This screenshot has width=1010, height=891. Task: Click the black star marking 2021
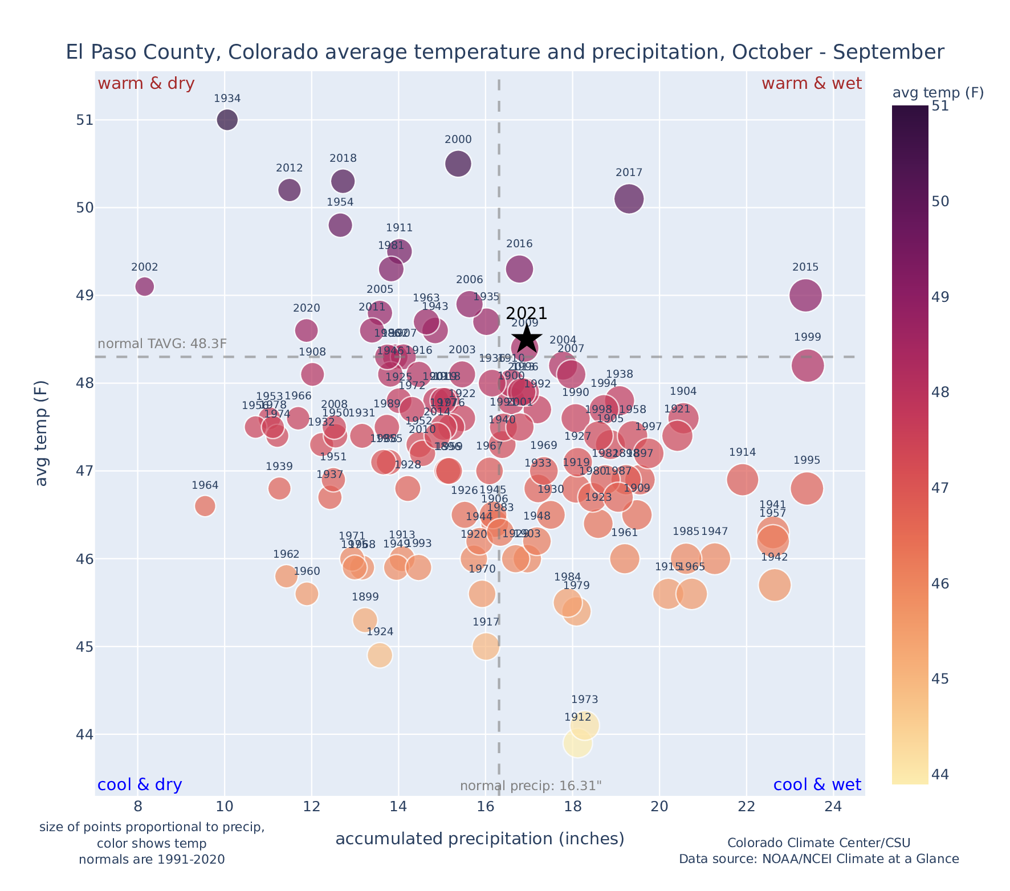527,339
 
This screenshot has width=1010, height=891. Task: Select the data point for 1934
227,120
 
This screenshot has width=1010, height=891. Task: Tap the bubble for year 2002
145,286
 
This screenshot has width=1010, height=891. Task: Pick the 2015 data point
805,295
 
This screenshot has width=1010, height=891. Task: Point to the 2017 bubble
629,199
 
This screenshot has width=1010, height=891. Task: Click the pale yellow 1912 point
577,743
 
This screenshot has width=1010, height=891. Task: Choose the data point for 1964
205,505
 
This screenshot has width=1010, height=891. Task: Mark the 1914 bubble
742,480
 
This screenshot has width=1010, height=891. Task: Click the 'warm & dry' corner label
146,84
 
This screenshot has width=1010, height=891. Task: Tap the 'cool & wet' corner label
817,785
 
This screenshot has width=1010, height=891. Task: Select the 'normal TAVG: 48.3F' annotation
162,344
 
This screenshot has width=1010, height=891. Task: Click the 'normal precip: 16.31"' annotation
531,786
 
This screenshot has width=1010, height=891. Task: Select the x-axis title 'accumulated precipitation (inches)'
480,839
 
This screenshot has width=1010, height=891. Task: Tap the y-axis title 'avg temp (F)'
42,433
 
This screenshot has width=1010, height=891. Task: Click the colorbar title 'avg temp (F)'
938,93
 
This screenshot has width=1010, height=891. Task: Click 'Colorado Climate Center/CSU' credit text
818,843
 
